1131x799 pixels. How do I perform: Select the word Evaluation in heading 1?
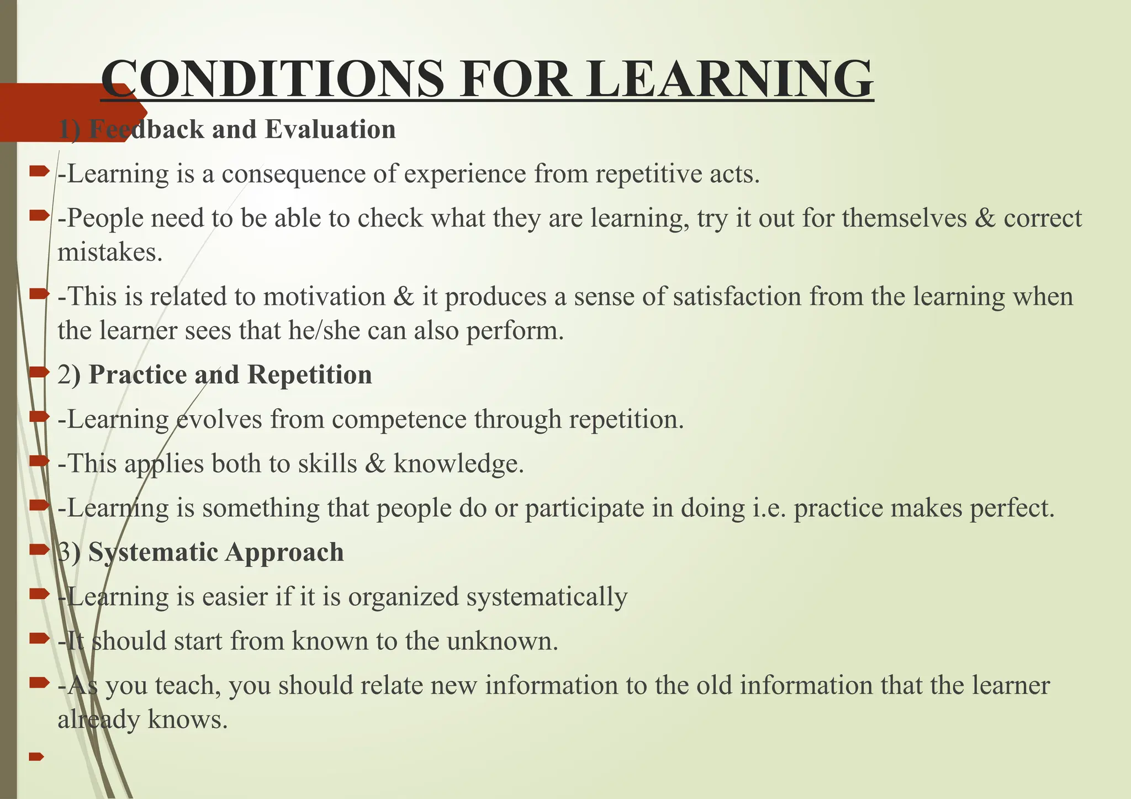click(330, 129)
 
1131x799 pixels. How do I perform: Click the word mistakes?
click(110, 252)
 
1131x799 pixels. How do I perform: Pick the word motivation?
click(324, 297)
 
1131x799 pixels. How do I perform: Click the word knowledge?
click(458, 463)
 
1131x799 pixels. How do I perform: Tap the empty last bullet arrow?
click(36, 756)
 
